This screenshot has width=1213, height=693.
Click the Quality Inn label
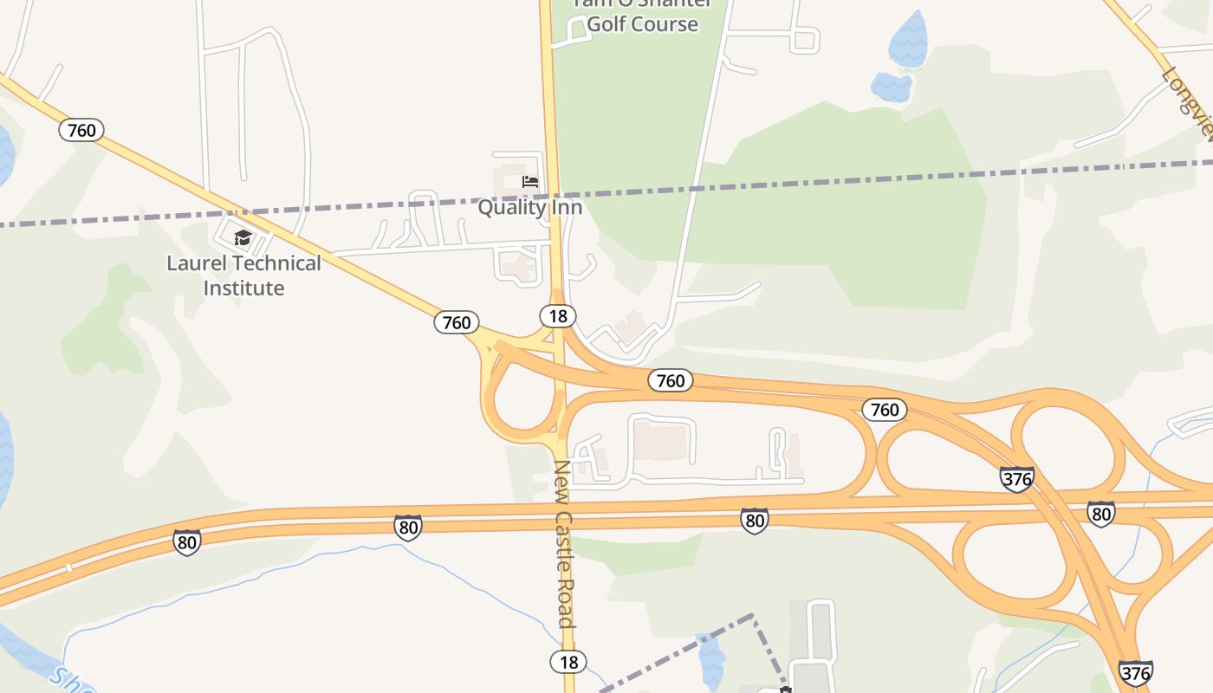click(530, 208)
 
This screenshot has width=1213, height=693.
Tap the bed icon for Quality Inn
click(530, 182)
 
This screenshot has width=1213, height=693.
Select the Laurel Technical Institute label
click(243, 275)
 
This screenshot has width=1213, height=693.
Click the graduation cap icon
click(243, 237)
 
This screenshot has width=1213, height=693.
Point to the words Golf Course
click(642, 23)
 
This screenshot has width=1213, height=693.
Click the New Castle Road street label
click(564, 544)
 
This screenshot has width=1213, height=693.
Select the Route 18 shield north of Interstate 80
click(558, 316)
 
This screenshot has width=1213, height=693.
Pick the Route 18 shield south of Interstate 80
click(568, 662)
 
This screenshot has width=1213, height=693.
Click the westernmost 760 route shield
click(81, 131)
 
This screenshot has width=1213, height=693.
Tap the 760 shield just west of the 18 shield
click(457, 323)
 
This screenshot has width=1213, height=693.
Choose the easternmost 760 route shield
click(885, 409)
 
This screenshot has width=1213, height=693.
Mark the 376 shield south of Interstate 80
click(1135, 672)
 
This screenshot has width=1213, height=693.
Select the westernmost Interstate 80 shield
click(186, 542)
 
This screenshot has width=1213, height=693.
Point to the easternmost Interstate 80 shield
click(1100, 514)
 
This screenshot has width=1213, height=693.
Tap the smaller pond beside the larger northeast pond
click(891, 87)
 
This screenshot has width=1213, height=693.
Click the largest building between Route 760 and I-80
click(662, 440)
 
